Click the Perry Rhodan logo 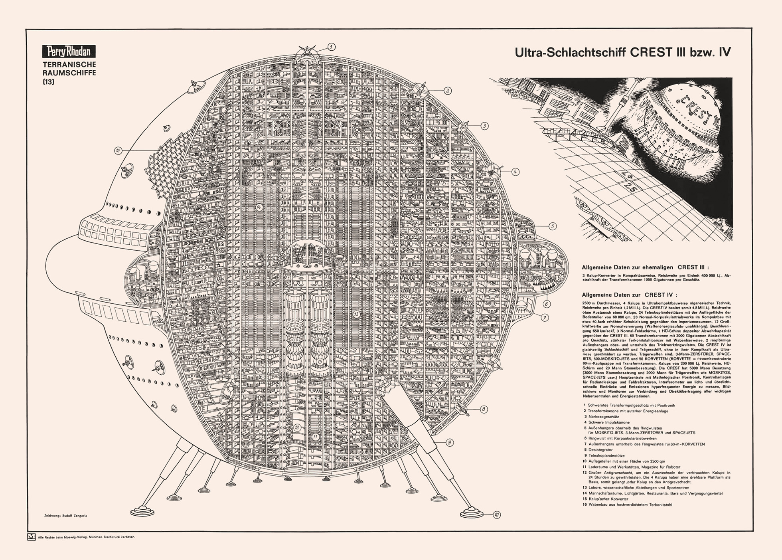click(69, 51)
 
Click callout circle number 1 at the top click(331, 47)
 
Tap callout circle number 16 click(118, 150)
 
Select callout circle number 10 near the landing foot click(496, 515)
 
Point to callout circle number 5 click(552, 226)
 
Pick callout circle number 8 click(484, 409)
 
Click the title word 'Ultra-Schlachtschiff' click(570, 53)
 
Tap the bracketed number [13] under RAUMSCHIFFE click(48, 82)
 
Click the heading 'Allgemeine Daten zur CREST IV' click(629, 295)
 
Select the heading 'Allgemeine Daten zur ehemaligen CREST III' click(645, 267)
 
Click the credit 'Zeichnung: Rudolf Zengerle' click(65, 516)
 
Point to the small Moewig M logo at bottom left click(31, 537)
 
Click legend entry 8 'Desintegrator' click(600, 450)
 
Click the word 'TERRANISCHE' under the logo click(69, 65)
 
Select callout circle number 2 click(448, 91)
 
